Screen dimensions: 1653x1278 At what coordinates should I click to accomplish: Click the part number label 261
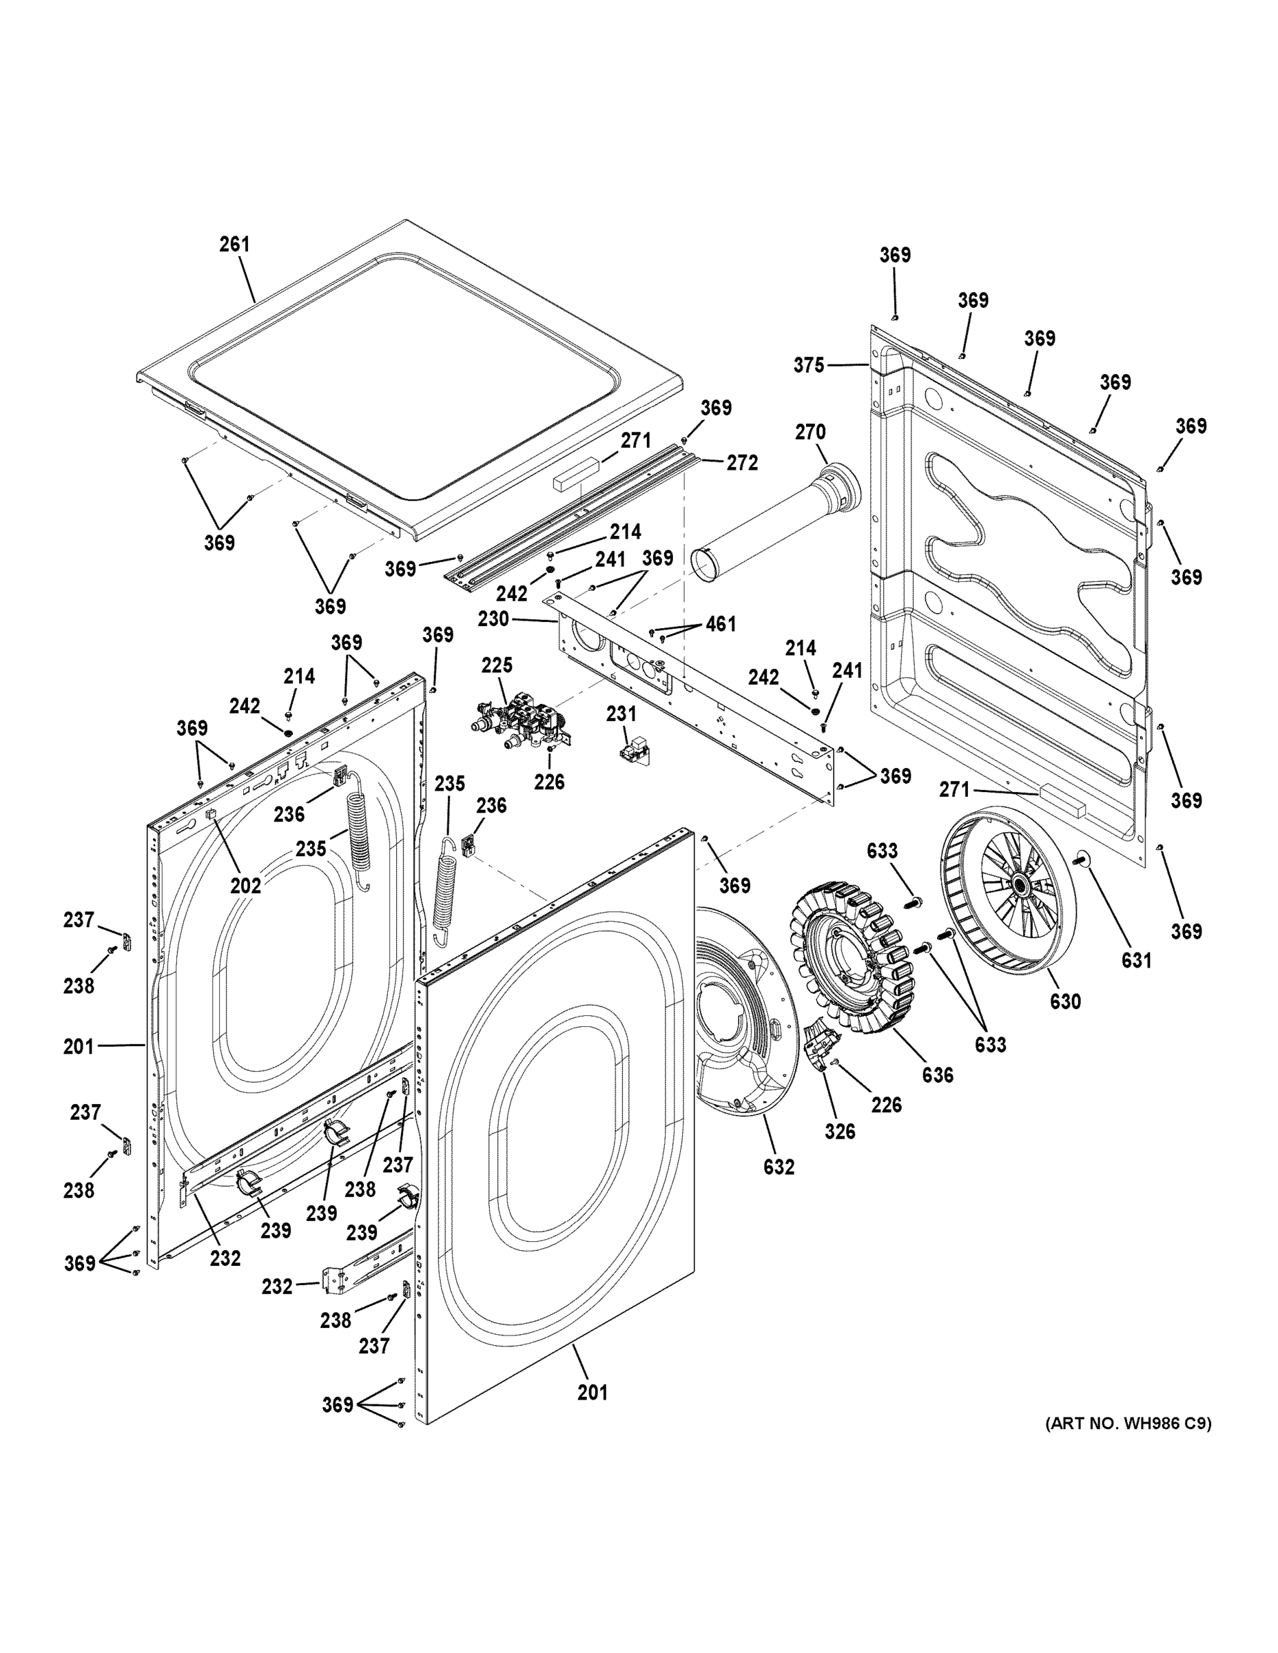pos(234,245)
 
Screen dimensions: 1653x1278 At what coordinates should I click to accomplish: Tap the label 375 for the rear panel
pos(809,366)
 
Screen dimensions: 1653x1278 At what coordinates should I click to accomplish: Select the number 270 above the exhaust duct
pos(810,432)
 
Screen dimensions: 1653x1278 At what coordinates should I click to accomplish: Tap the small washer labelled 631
pos(1080,859)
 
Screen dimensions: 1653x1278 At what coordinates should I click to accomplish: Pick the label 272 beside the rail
pos(741,464)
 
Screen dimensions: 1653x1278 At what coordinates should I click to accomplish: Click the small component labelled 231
pos(633,751)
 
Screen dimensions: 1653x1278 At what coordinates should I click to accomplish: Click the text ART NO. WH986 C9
pos(1127,1424)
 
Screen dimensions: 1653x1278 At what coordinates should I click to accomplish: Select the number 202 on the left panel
pos(245,885)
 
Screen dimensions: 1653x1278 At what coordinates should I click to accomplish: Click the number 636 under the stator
pos(937,1074)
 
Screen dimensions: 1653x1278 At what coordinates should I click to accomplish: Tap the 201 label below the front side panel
pos(592,1392)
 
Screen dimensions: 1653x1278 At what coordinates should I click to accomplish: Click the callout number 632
pos(779,1167)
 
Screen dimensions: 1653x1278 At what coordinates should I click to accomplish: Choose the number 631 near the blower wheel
pos(1135,961)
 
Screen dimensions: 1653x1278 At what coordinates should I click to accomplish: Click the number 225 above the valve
pos(497,665)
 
